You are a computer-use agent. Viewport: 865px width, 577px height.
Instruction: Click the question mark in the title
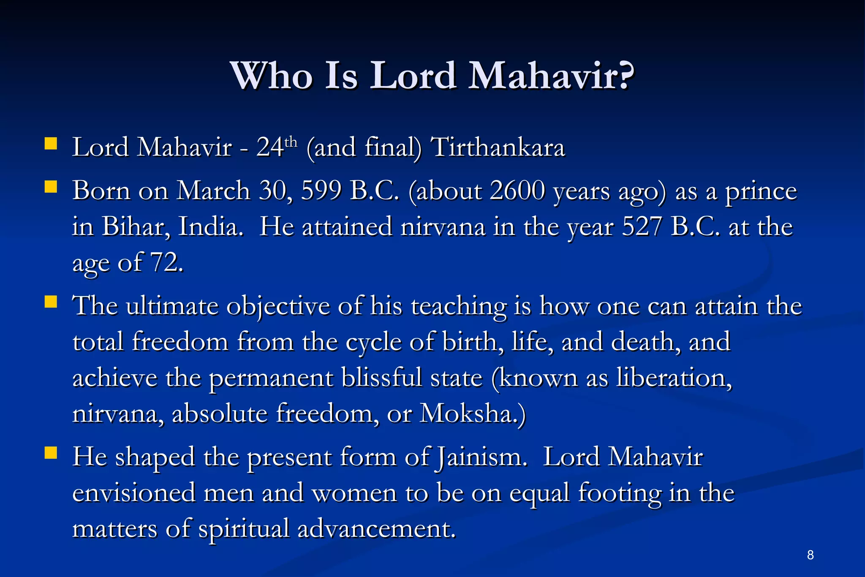(622, 76)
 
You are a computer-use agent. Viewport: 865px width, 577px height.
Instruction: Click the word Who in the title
(272, 76)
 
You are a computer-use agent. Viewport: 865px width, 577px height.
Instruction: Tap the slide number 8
(810, 555)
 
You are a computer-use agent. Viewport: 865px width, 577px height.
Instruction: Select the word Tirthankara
(498, 148)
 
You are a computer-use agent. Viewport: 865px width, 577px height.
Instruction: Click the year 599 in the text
(321, 191)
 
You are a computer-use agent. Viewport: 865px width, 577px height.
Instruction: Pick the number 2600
(517, 191)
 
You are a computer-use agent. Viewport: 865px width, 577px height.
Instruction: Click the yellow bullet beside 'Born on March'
(51, 187)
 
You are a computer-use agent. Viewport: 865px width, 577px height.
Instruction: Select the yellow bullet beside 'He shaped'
(51, 453)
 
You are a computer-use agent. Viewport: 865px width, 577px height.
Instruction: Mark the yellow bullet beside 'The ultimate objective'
(51, 302)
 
